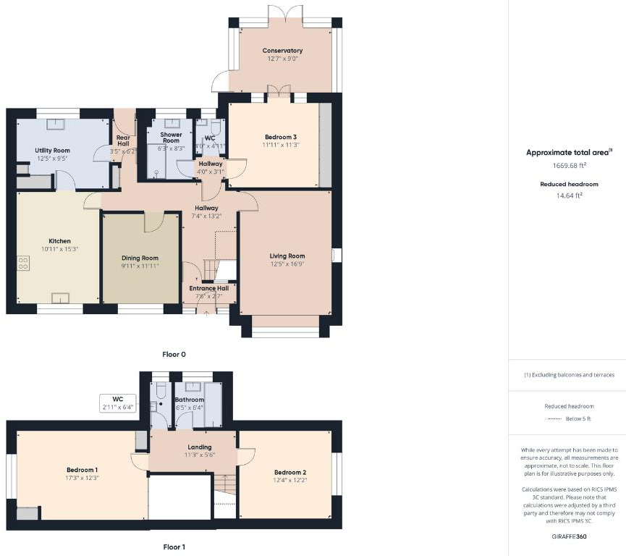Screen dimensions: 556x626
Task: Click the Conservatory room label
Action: pyautogui.click(x=282, y=51)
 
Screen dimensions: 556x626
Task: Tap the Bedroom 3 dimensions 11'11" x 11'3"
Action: pyautogui.click(x=280, y=145)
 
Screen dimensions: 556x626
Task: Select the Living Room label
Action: pyautogui.click(x=287, y=256)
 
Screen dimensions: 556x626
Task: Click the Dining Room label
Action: pyautogui.click(x=140, y=258)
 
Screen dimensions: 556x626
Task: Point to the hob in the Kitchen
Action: pyautogui.click(x=23, y=264)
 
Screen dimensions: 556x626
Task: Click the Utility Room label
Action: pyautogui.click(x=52, y=150)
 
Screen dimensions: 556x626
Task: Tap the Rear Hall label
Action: pyautogui.click(x=122, y=140)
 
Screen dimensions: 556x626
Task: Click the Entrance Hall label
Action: pyautogui.click(x=208, y=287)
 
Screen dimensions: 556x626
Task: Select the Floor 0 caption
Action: pyautogui.click(x=174, y=354)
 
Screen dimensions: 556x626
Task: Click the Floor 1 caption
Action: pyautogui.click(x=174, y=547)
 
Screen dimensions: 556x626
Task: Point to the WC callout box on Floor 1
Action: pyautogui.click(x=118, y=403)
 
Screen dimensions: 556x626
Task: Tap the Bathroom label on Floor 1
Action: pyautogui.click(x=189, y=399)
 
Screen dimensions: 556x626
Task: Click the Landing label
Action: pyautogui.click(x=199, y=447)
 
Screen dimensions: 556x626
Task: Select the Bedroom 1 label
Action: pyautogui.click(x=81, y=470)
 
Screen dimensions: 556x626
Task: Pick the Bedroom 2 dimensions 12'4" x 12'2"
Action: pyautogui.click(x=291, y=480)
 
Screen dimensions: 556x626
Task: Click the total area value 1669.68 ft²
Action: pyautogui.click(x=569, y=166)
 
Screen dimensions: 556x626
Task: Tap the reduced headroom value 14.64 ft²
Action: pyautogui.click(x=569, y=195)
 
